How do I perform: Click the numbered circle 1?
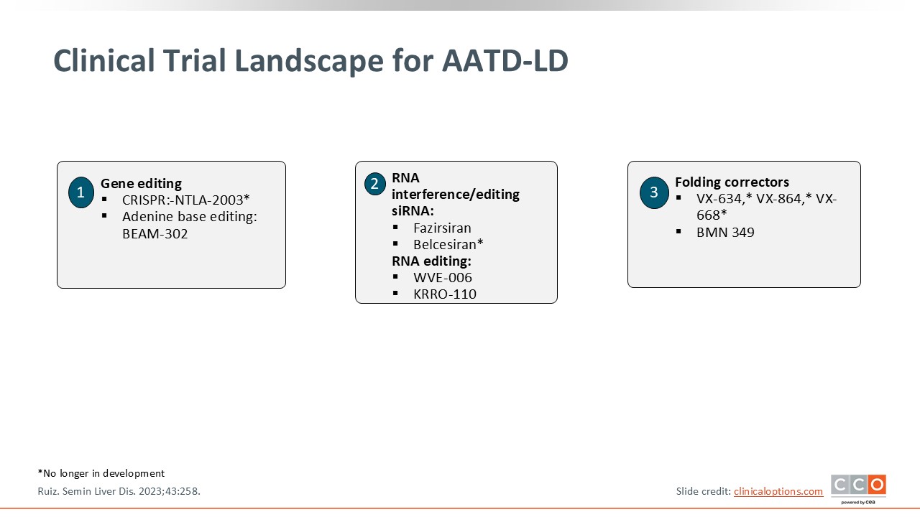coord(81,192)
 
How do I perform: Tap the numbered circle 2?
coord(374,184)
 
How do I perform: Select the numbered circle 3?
coord(654,192)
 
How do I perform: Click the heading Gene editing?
coord(141,183)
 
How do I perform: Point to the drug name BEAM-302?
coord(155,234)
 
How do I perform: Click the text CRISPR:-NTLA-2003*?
coord(185,200)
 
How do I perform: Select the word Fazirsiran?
coord(442,228)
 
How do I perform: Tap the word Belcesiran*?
coord(448,244)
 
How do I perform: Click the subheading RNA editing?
coord(431,261)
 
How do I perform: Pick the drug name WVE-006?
coord(442,277)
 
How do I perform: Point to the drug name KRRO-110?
coord(444,294)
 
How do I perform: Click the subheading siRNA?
coord(413,211)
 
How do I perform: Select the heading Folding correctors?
coord(732,182)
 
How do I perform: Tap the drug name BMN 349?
coord(725,232)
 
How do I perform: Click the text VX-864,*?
coord(783,199)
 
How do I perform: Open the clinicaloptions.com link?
coord(778,491)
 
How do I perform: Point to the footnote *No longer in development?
coord(101,473)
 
